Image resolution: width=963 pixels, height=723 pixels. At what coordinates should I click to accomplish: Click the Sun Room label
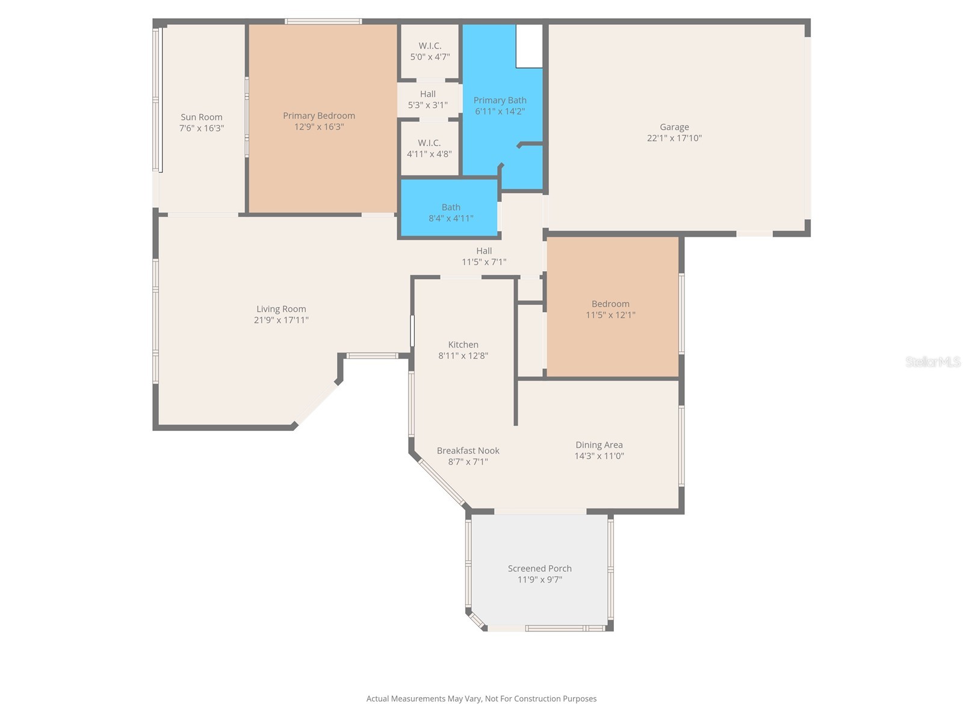tap(202, 117)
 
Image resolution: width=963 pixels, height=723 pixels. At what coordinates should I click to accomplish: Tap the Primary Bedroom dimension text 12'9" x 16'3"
tap(319, 127)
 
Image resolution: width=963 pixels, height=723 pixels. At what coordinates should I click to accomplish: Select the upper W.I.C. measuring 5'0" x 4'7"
tap(430, 51)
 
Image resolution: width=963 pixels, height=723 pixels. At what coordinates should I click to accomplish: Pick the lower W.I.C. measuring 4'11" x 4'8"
tap(429, 148)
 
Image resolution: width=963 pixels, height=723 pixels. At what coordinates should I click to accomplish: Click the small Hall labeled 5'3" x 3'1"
tap(428, 99)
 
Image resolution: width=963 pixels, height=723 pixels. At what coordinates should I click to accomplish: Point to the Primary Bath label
tap(500, 100)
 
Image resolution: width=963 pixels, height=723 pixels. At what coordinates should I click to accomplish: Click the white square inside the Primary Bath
tap(529, 46)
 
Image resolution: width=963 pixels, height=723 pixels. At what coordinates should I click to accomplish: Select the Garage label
tap(674, 127)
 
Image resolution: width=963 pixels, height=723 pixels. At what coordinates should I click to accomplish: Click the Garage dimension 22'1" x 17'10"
tap(674, 138)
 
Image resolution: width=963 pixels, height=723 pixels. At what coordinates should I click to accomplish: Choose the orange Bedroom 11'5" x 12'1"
tap(611, 308)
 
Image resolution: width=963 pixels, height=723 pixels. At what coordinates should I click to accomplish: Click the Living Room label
tap(281, 309)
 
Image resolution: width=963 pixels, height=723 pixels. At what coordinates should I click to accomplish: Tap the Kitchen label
tap(463, 345)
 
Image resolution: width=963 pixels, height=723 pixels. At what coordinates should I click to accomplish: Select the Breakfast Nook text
tap(468, 451)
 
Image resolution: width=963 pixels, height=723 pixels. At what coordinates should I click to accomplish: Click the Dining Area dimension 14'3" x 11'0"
tap(599, 456)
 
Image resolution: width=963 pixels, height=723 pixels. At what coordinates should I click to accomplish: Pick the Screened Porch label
tap(539, 568)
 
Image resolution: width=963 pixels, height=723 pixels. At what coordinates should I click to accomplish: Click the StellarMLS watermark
tap(932, 361)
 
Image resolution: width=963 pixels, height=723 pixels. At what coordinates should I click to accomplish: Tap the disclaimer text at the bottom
tap(482, 699)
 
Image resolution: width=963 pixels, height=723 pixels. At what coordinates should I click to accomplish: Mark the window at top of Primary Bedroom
tap(323, 22)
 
